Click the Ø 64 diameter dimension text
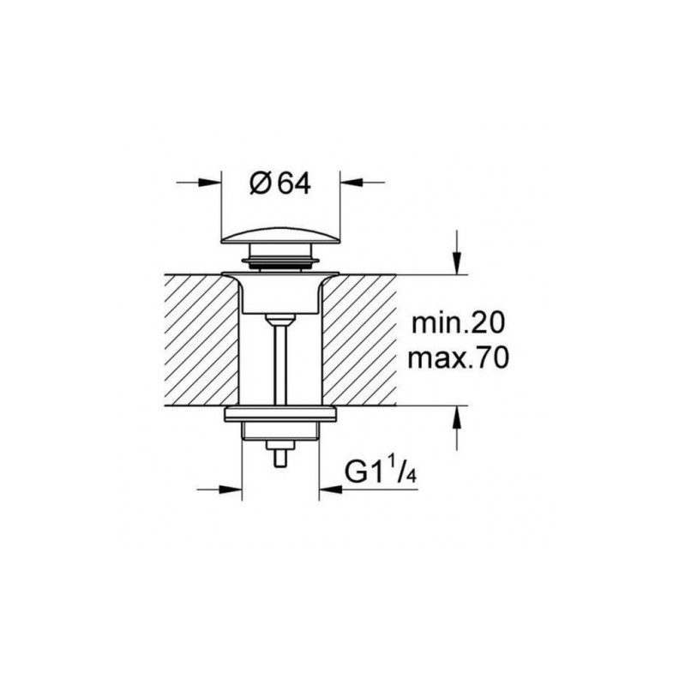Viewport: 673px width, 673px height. click(279, 184)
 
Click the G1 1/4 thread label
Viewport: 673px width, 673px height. click(381, 472)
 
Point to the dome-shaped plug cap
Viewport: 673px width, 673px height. click(280, 235)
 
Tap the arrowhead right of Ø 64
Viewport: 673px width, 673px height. click(352, 183)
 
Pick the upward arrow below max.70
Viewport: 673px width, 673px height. click(458, 418)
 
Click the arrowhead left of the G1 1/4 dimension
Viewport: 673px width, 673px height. click(231, 489)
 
